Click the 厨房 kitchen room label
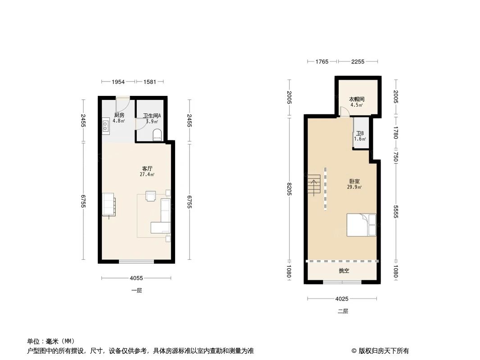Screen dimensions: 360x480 point(119,115)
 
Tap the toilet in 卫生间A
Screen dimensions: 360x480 point(157,135)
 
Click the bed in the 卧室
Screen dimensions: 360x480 point(361,225)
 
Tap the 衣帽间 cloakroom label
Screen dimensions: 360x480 point(357,99)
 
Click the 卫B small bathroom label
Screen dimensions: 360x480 point(360,134)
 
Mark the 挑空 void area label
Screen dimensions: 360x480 point(344,271)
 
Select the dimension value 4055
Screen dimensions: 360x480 point(136,278)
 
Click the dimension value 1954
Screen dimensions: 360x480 point(118,81)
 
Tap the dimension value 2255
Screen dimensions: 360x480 point(358,61)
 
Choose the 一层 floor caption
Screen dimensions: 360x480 point(136,291)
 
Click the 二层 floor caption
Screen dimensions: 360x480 point(343,311)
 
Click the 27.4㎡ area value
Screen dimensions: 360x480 point(147,174)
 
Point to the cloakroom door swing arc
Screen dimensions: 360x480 point(344,112)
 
